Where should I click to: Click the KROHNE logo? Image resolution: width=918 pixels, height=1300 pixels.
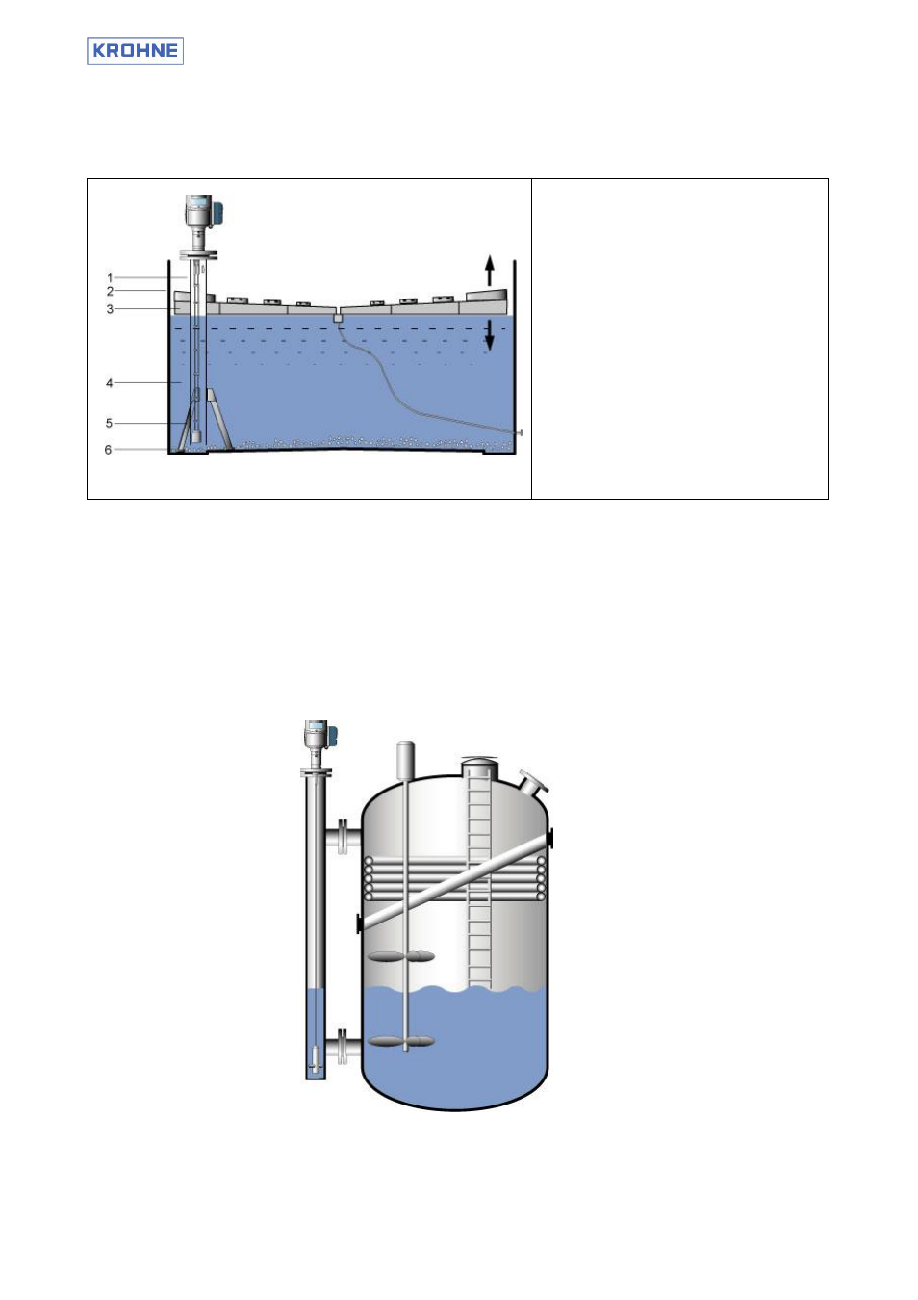coord(135,50)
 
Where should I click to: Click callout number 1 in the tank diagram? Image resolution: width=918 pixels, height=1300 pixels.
coord(110,278)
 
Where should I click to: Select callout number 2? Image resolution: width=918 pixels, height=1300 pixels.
coord(110,291)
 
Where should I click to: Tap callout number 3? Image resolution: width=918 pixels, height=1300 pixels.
coord(110,309)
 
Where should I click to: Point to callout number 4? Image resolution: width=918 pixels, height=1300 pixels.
coord(109,383)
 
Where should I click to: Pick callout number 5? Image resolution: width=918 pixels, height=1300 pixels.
coord(109,423)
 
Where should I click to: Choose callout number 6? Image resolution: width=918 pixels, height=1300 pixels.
coord(108,450)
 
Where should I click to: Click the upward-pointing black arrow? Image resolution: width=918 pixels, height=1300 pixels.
coord(490,270)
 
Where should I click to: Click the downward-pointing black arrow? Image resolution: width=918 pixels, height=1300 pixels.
coord(490,335)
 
